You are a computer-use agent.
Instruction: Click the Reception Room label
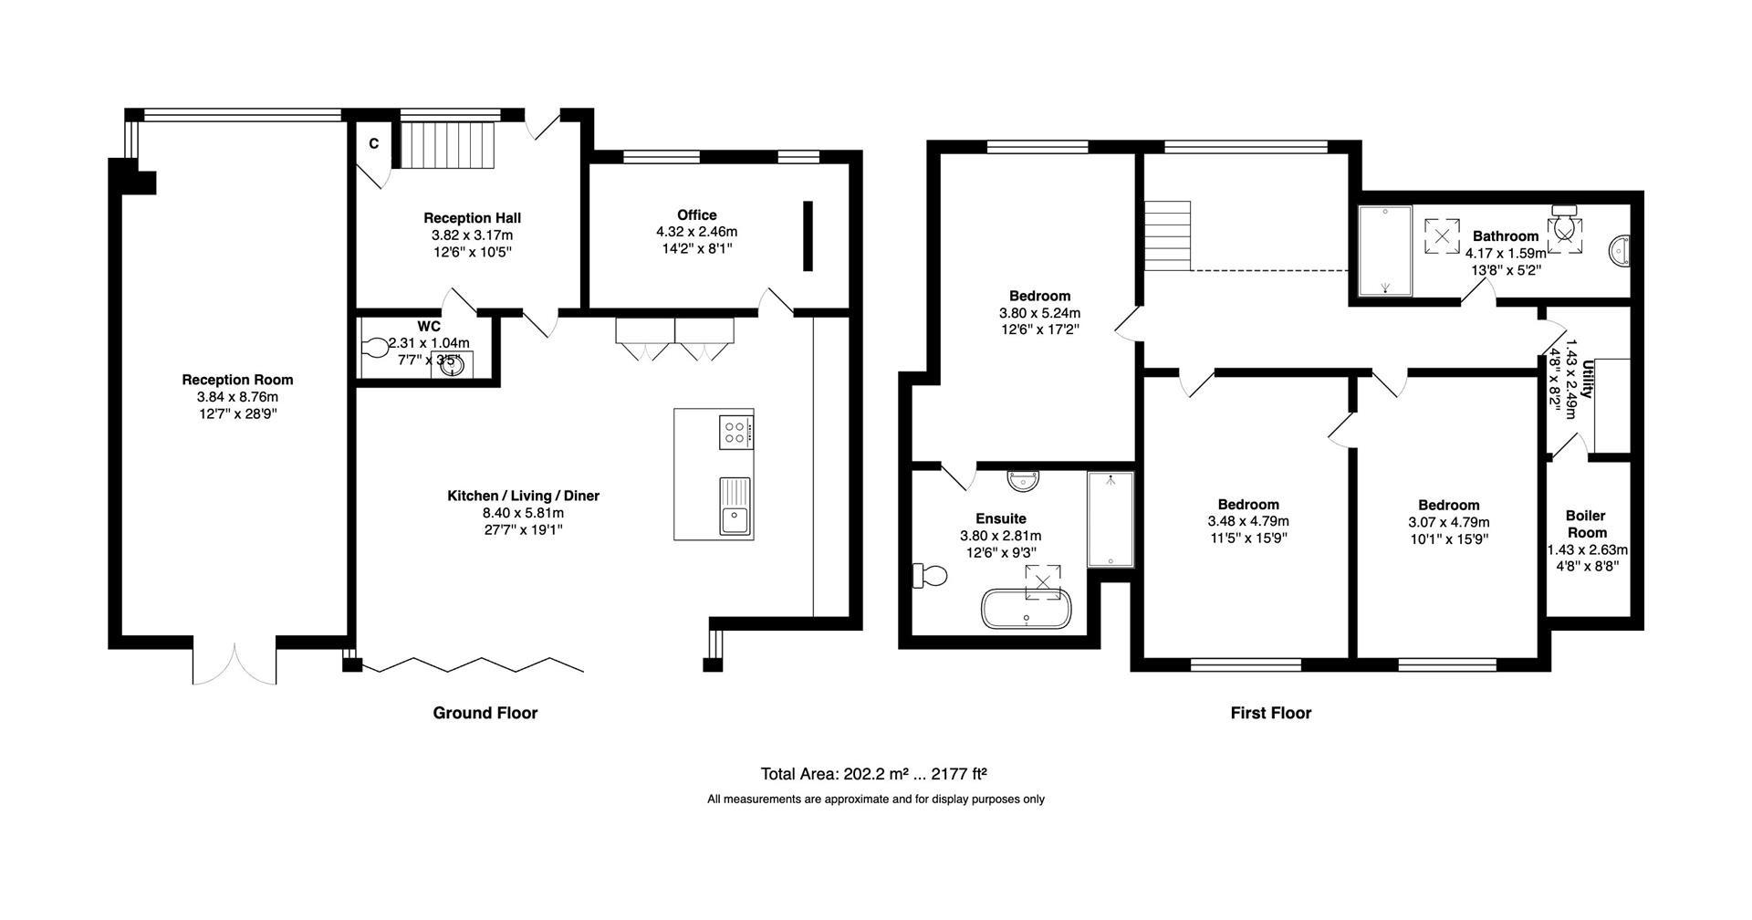[237, 380]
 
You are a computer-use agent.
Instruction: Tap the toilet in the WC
[375, 349]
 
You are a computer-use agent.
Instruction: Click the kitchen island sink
[735, 506]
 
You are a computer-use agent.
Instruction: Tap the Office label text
[696, 215]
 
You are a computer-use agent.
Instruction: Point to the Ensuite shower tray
[1111, 519]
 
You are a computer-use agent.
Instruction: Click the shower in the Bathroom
[1385, 251]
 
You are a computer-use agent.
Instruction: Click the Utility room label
[1589, 379]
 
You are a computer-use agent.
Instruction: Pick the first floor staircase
[1168, 235]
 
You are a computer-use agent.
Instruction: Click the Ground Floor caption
[485, 713]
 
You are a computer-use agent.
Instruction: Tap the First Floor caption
[1270, 713]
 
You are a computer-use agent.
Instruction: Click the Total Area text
[874, 774]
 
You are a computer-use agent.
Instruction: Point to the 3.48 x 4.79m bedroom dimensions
[1248, 521]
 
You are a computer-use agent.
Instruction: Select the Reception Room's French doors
[235, 664]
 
